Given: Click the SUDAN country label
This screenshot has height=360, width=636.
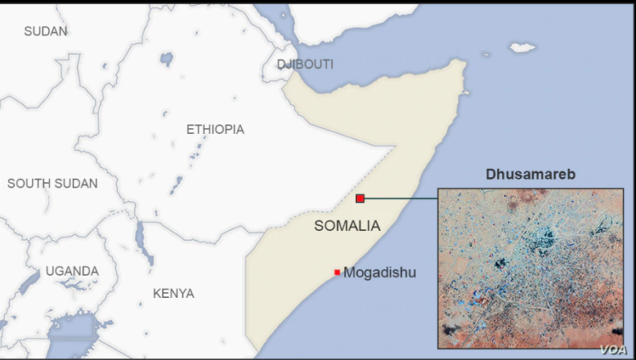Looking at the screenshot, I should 46,31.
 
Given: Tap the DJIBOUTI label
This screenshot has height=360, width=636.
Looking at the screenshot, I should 305,65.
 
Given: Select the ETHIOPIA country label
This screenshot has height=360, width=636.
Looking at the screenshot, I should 214,130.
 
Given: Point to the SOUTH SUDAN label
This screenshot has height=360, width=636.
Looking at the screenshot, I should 52,184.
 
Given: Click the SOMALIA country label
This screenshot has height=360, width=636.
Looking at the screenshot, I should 347,226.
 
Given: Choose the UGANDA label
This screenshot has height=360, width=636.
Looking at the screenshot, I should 72,271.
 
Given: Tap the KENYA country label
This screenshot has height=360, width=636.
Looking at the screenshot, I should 173,294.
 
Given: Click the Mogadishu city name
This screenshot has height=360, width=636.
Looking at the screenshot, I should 379,272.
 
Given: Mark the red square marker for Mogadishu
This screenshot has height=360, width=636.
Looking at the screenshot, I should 337,272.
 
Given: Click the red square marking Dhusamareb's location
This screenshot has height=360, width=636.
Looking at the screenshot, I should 360,198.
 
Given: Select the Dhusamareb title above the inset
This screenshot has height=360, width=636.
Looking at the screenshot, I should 529,175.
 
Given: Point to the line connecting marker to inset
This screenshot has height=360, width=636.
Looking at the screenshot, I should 401,199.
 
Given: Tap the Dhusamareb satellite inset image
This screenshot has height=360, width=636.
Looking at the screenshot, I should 530,265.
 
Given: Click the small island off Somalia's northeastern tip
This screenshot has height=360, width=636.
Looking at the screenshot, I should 523,47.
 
